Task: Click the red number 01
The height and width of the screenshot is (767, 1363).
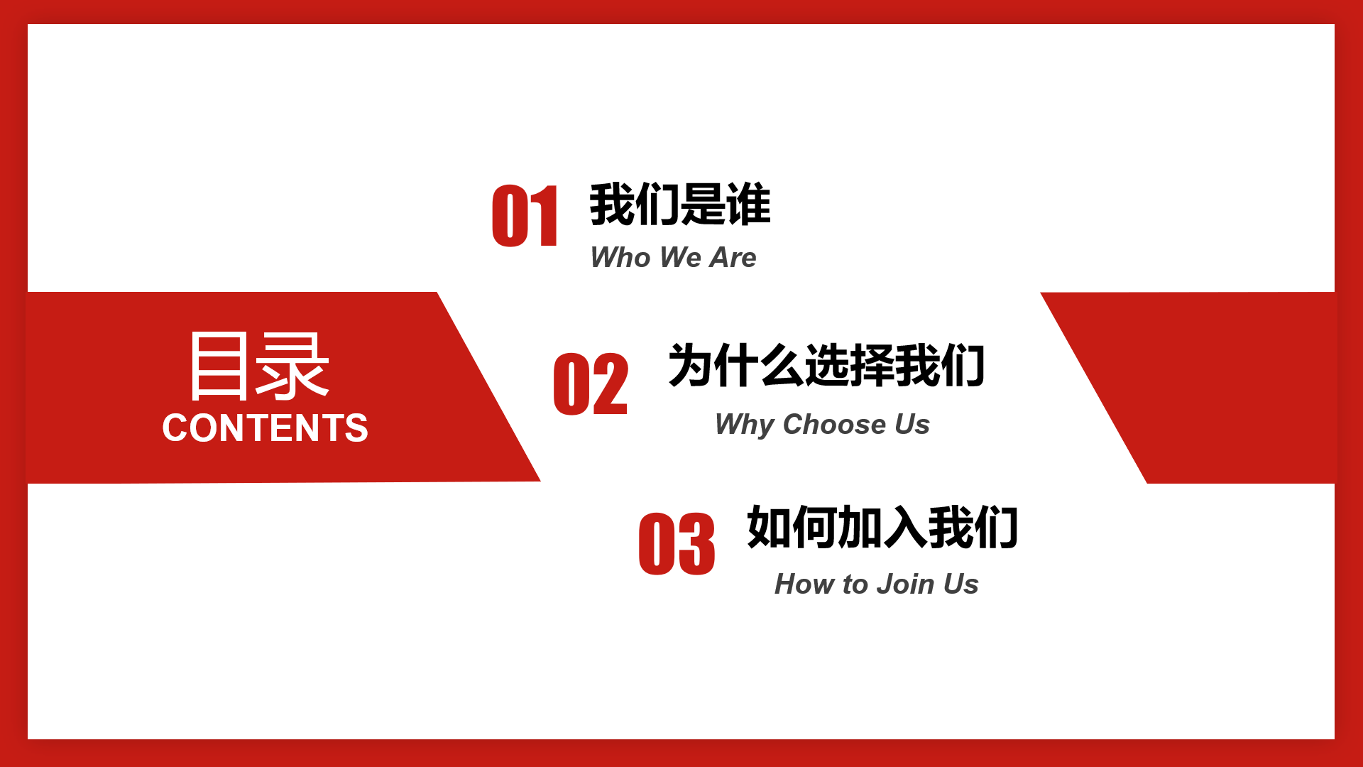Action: coord(525,216)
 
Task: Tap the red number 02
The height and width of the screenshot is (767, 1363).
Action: coord(591,384)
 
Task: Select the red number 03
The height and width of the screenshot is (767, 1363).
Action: coord(677,544)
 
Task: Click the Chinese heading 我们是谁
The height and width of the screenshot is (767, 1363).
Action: coord(680,205)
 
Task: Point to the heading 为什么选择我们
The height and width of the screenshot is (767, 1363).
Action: coord(826,366)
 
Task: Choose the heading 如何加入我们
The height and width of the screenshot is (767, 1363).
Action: coord(882,527)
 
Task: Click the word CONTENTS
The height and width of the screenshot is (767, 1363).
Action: coord(265,428)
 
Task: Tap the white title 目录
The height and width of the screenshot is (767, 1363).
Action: coord(259,366)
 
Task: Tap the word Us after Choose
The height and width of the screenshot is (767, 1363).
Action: coord(912,424)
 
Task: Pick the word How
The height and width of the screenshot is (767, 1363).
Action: coord(805,584)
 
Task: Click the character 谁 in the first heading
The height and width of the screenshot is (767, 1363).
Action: coord(749,205)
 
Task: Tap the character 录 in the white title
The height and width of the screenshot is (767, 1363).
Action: coord(293,366)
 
